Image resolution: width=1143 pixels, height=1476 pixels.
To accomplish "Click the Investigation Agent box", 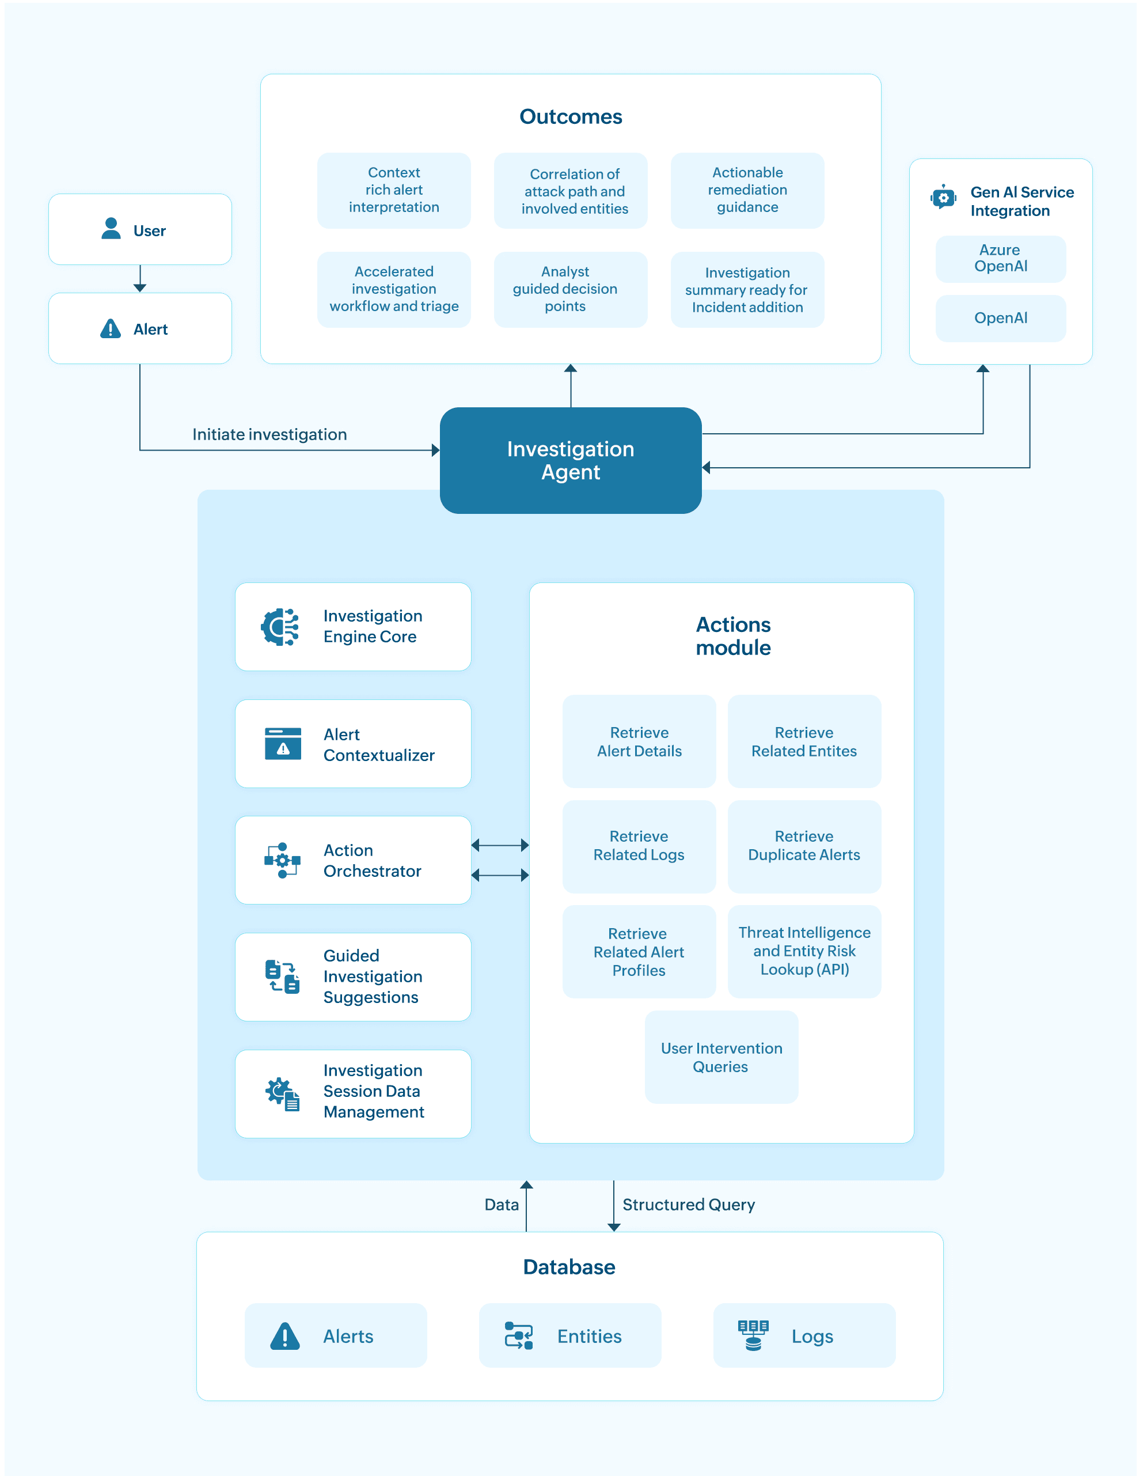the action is coord(570,460).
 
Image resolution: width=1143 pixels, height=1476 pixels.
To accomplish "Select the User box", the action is coord(140,229).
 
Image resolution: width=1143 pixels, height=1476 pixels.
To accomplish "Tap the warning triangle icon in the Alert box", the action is coord(110,329).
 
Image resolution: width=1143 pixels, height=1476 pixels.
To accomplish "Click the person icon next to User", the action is coord(111,228).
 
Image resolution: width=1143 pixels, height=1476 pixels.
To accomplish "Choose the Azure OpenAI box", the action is coord(1000,259).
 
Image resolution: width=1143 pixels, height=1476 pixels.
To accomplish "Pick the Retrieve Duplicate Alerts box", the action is coord(804,846).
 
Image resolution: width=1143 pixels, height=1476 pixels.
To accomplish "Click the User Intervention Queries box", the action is coord(722,1057).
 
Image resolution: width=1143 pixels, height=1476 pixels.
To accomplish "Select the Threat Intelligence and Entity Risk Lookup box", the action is coord(804,951).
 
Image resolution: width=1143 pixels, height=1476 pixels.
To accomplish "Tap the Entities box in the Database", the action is coord(570,1335).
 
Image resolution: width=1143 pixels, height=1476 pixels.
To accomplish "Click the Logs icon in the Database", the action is coord(753,1335).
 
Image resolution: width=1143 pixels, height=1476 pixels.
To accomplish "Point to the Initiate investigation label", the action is coord(269,434).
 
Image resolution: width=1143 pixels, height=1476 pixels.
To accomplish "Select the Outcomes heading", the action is coord(571,116).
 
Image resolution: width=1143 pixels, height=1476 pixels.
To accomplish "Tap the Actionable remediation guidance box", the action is coord(747,191).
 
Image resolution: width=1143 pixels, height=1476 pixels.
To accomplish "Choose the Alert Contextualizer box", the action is coord(352,743).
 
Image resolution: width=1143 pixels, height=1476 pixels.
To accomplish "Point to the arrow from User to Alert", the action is coord(140,278).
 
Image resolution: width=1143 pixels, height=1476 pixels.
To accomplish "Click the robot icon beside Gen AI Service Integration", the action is coord(943,198).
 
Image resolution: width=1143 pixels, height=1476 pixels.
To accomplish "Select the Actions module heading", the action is coord(734,636).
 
